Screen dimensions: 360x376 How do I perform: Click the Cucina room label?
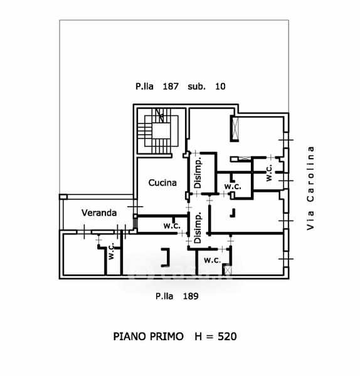pyautogui.click(x=162, y=183)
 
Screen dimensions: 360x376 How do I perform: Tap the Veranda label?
pyautogui.click(x=99, y=212)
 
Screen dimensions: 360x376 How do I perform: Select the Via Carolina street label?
pyautogui.click(x=310, y=188)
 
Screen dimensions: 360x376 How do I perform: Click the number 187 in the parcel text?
pyautogui.click(x=171, y=86)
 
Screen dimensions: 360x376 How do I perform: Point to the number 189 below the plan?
pyautogui.click(x=191, y=296)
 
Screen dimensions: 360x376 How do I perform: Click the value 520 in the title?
pyautogui.click(x=227, y=337)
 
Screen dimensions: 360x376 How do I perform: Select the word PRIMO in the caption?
pyautogui.click(x=167, y=337)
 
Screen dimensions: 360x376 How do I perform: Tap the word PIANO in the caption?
pyautogui.click(x=130, y=337)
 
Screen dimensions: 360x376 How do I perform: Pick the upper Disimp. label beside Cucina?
pyautogui.click(x=198, y=173)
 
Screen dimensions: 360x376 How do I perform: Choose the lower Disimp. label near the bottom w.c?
pyautogui.click(x=198, y=227)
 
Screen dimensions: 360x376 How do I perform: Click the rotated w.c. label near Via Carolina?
pyautogui.click(x=269, y=172)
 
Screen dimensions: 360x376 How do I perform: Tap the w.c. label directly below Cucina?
pyautogui.click(x=172, y=226)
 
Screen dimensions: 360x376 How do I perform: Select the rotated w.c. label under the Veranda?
pyautogui.click(x=111, y=251)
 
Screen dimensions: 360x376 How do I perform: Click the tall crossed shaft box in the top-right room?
pyautogui.click(x=235, y=128)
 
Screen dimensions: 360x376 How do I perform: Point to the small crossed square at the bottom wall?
pyautogui.click(x=227, y=270)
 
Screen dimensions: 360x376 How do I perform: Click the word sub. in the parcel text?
pyautogui.click(x=196, y=86)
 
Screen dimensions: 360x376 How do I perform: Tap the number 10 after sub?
pyautogui.click(x=220, y=86)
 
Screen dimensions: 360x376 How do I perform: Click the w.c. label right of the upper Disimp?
pyautogui.click(x=233, y=186)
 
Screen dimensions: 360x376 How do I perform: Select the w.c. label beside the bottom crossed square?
pyautogui.click(x=213, y=260)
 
